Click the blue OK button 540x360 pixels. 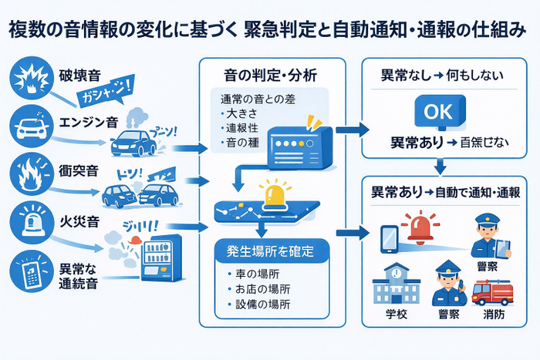pos(438,111)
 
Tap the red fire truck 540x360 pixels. pos(491,291)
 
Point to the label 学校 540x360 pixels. pos(394,316)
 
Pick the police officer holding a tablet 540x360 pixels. pos(489,236)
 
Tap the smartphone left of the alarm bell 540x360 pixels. pos(388,238)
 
